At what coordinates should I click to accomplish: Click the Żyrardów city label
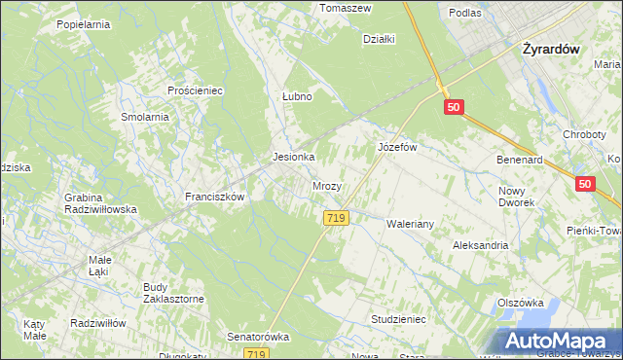(x=551, y=48)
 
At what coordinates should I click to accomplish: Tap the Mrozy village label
(x=326, y=185)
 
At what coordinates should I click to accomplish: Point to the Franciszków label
(x=214, y=196)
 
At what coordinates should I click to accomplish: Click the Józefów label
(x=397, y=147)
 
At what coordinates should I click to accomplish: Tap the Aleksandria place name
(x=480, y=245)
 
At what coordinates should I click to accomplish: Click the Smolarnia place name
(x=145, y=116)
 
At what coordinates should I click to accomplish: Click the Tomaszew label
(x=347, y=7)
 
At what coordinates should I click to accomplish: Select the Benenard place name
(x=519, y=158)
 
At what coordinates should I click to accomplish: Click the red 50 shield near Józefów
(x=453, y=108)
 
